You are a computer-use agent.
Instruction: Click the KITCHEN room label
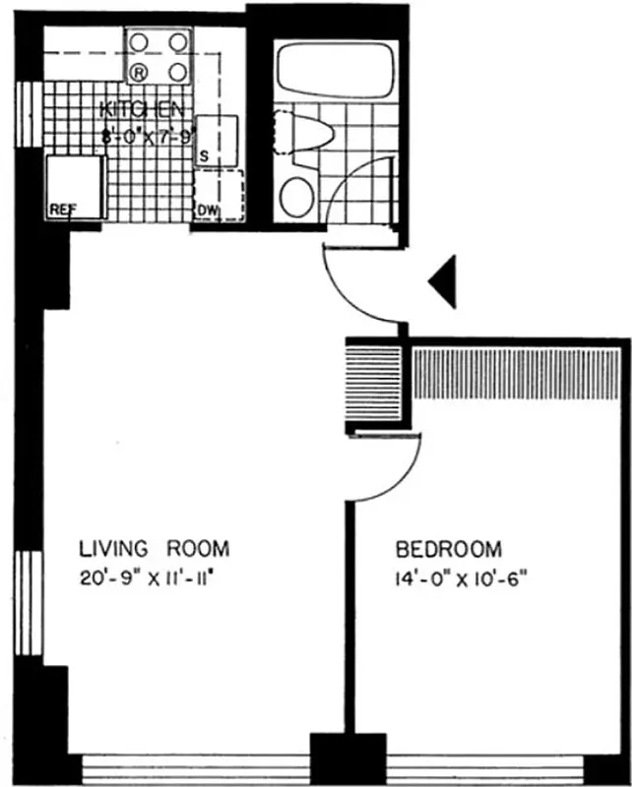(143, 109)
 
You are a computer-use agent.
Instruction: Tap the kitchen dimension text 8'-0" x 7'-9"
(145, 133)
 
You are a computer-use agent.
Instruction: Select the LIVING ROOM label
(154, 548)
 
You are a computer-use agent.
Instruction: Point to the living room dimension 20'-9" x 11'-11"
(148, 577)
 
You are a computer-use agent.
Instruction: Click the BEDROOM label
(448, 549)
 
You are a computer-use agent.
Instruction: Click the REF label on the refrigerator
(64, 209)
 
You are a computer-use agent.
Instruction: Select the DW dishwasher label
(207, 210)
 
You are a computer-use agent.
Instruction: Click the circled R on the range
(140, 71)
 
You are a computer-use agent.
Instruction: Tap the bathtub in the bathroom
(336, 69)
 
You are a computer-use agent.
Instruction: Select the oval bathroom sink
(296, 195)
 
